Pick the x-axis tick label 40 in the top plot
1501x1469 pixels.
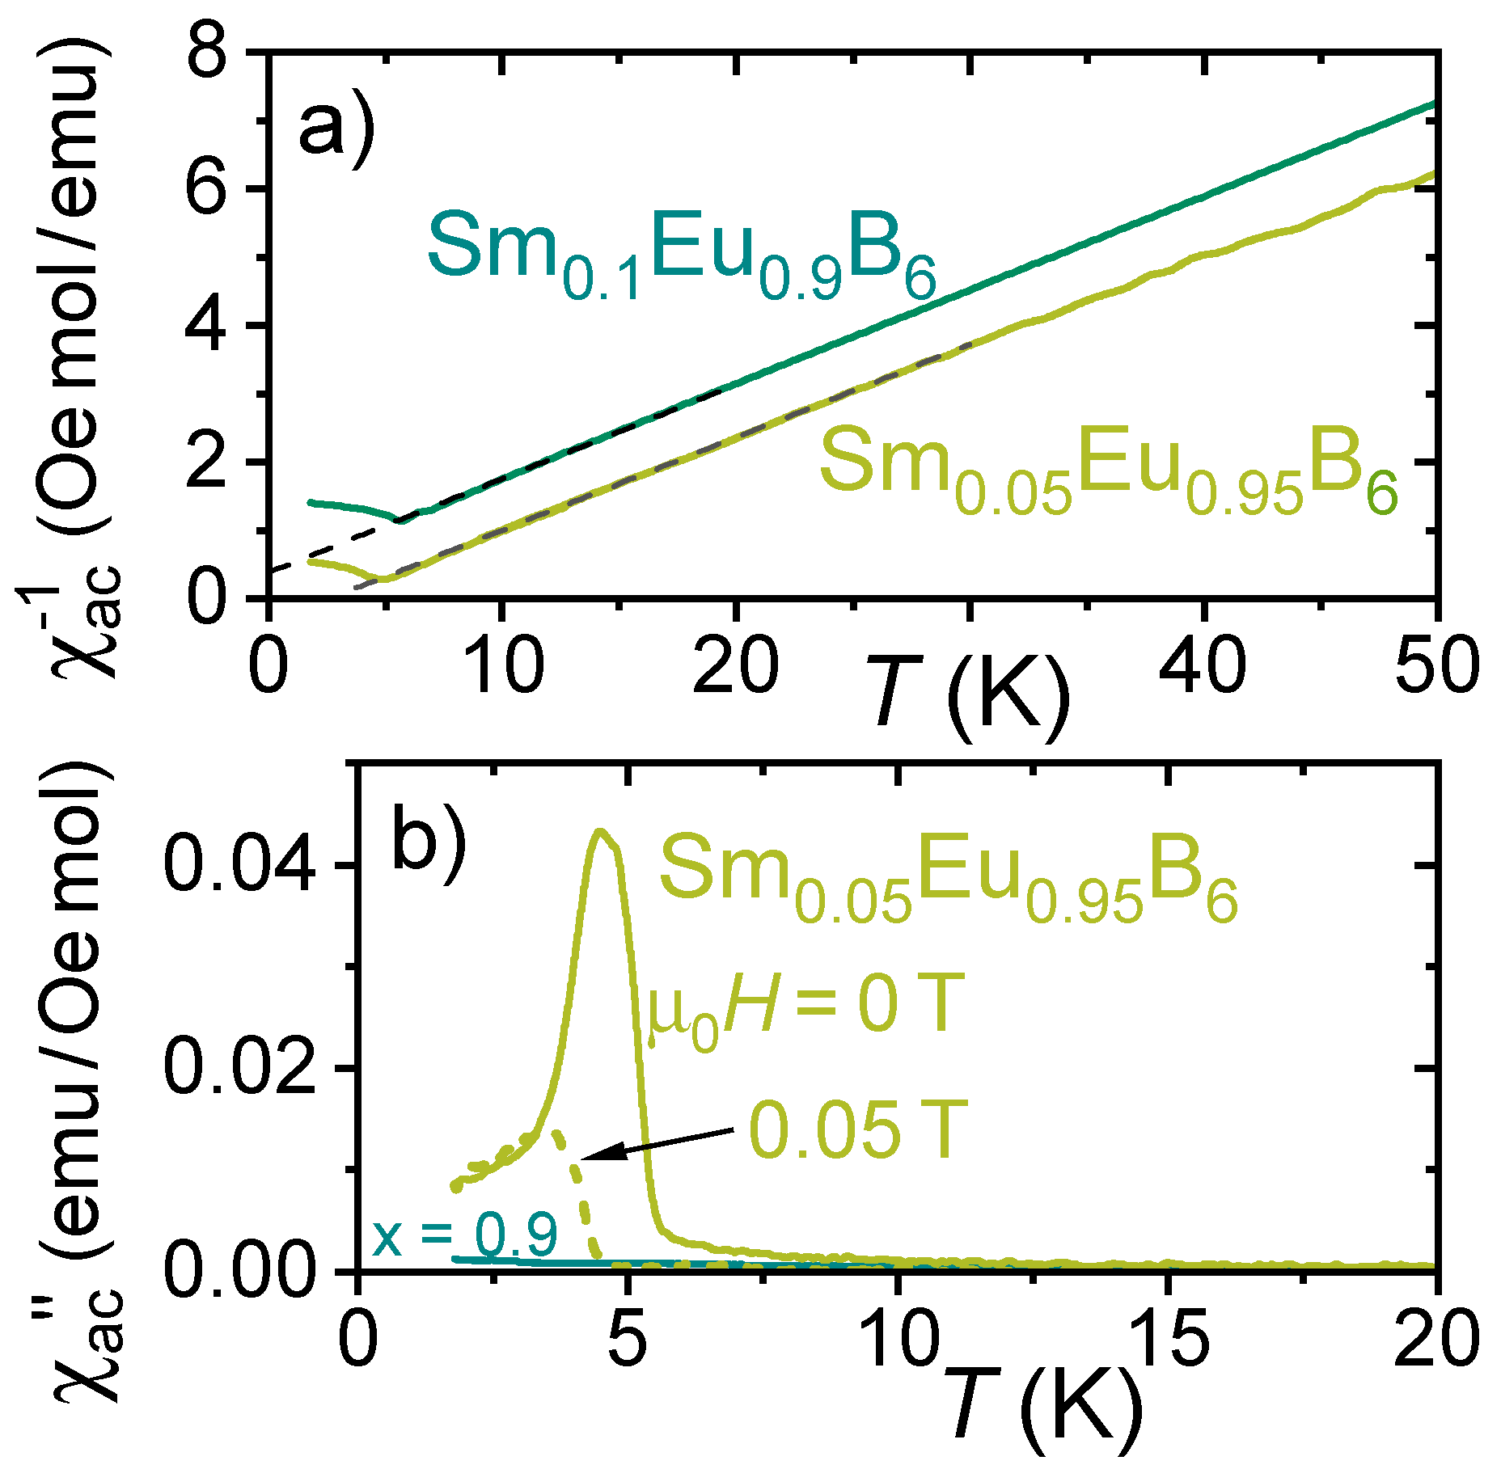pos(1202,667)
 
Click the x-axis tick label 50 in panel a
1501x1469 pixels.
pos(1436,667)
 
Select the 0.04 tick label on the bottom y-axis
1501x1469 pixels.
pos(239,865)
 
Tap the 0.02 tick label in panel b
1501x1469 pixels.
pos(239,1068)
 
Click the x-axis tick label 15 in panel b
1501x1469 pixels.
pos(1165,1340)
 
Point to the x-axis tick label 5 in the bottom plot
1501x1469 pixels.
pos(627,1340)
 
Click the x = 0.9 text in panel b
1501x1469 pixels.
pos(465,1235)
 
